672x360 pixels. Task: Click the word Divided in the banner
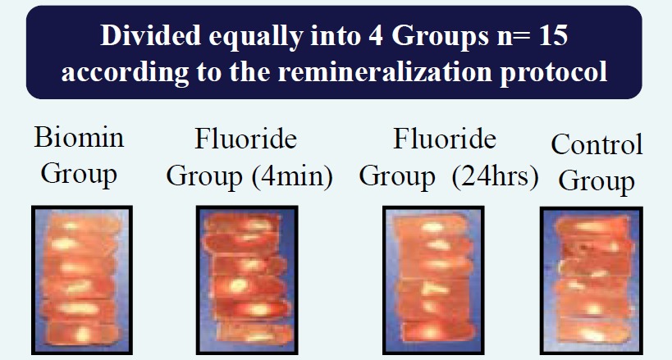(150, 34)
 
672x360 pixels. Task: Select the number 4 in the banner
(375, 35)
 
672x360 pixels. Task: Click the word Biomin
(80, 137)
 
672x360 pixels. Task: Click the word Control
(597, 144)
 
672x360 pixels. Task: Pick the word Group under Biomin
(79, 175)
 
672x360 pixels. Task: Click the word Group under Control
(597, 182)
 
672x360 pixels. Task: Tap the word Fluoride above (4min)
(246, 139)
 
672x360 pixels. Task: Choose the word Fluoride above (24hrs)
(445, 139)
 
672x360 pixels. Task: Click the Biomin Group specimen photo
(82, 280)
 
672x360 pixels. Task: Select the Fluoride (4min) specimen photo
(247, 280)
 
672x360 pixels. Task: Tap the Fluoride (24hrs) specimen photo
(433, 280)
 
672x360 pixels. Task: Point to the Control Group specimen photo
(592, 280)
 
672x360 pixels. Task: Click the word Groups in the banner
(440, 36)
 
